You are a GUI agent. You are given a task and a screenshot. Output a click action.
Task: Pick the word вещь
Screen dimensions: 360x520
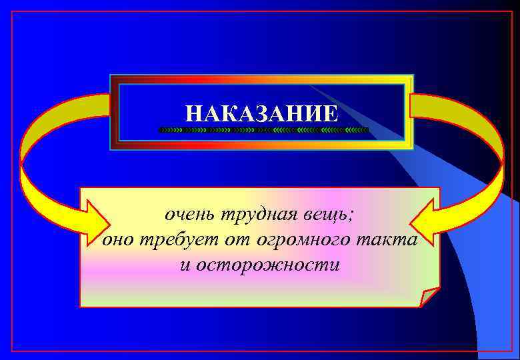[325, 216]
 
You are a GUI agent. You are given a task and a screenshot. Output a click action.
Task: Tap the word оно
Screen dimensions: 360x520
[118, 241]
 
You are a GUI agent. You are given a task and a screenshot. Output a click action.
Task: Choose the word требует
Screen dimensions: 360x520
[175, 241]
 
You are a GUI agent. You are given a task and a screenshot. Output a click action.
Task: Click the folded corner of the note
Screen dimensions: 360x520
[429, 297]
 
